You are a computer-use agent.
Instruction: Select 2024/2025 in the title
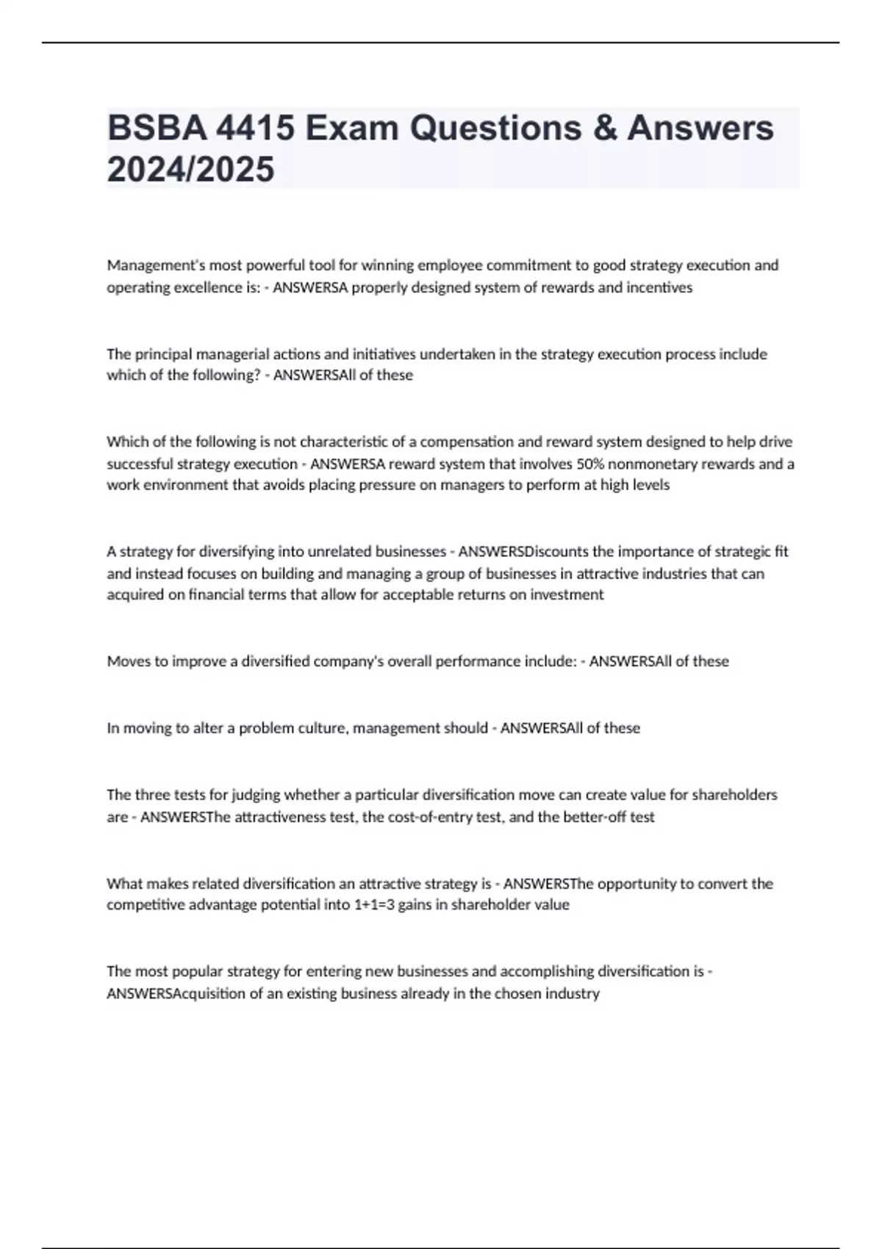tap(190, 169)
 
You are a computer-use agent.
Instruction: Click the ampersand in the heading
tap(605, 128)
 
